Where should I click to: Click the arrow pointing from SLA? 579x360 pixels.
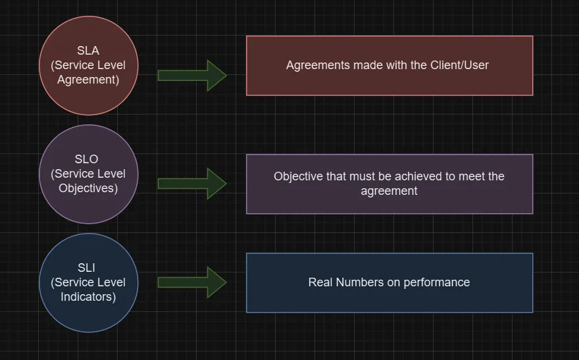coord(192,75)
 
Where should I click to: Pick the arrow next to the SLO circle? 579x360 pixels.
coord(192,183)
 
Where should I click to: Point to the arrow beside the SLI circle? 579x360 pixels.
coord(192,282)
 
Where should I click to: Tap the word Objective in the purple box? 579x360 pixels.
coord(298,176)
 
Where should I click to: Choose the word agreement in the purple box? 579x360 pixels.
coord(389,191)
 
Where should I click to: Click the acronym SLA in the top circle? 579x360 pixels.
coord(88,51)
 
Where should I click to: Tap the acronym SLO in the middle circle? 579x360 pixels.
coord(88,159)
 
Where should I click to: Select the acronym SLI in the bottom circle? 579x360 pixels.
coord(88,268)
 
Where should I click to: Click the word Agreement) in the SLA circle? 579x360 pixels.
coord(88,80)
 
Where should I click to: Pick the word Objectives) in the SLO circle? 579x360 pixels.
coord(88,188)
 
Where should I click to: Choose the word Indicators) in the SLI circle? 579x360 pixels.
coord(88,297)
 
